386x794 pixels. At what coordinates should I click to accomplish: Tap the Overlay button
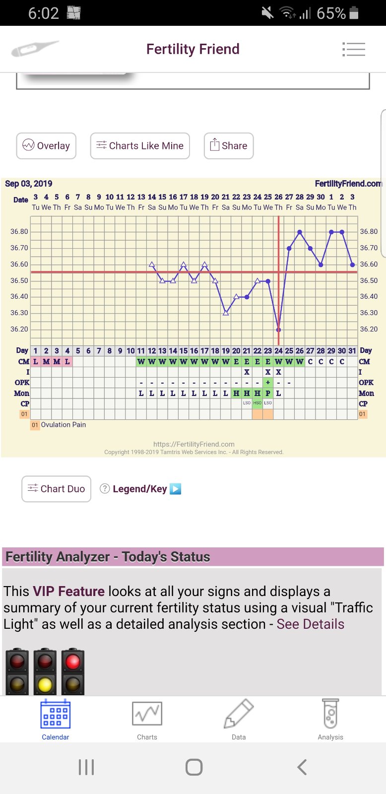(x=46, y=146)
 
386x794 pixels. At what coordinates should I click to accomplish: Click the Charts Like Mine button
(x=140, y=146)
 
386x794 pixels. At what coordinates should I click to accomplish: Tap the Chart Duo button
(x=57, y=489)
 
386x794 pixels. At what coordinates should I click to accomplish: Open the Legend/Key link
(x=140, y=489)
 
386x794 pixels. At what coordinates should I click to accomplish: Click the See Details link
(x=310, y=624)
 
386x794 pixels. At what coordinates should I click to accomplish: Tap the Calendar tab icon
(x=55, y=715)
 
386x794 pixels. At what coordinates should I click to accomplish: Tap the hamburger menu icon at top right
(x=354, y=49)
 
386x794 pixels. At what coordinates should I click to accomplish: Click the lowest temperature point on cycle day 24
(x=278, y=330)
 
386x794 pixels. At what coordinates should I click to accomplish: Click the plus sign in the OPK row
(x=268, y=383)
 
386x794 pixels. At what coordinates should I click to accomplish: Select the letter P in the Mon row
(x=268, y=394)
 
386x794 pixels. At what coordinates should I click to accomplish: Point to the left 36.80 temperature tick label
(x=20, y=232)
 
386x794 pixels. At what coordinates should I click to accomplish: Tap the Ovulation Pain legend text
(x=64, y=425)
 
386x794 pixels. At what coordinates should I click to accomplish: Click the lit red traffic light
(x=73, y=662)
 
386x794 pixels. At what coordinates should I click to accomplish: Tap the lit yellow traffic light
(x=45, y=685)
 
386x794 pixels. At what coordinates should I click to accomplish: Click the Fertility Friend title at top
(x=193, y=49)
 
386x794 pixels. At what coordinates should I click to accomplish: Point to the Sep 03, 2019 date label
(x=29, y=184)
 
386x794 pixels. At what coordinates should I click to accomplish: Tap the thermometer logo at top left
(x=35, y=49)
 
